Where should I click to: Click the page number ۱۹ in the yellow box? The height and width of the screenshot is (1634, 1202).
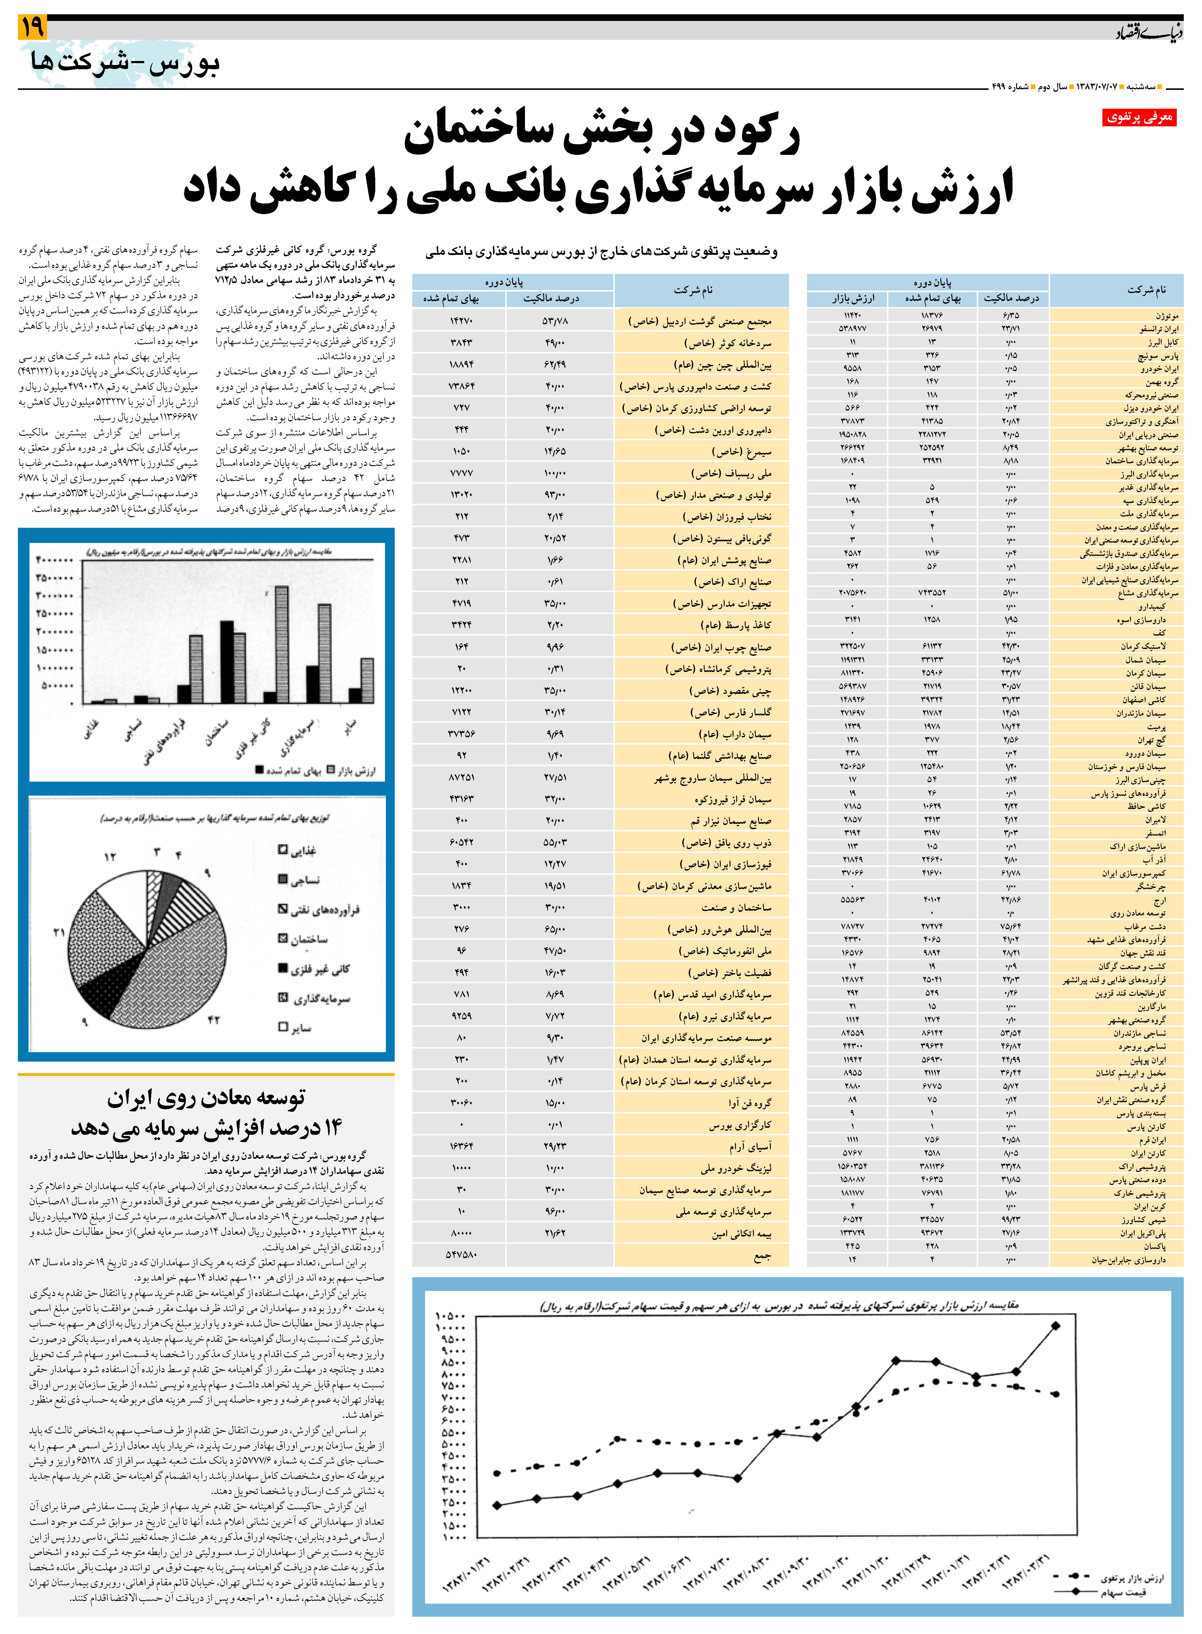coord(33,28)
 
